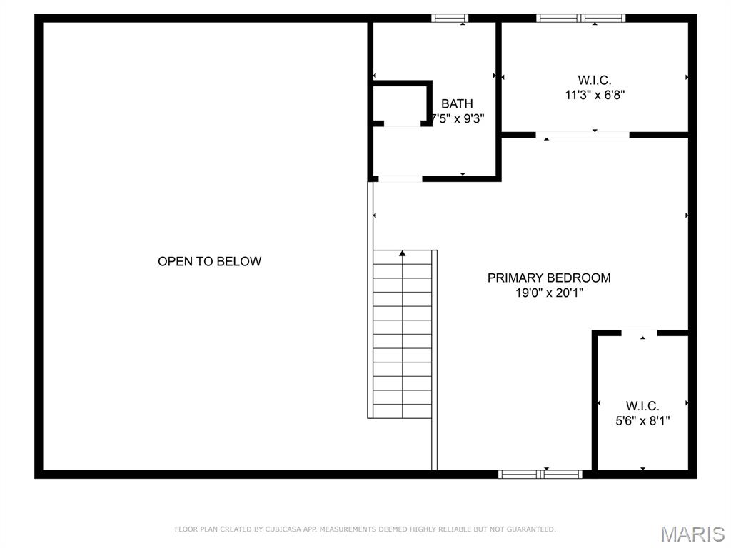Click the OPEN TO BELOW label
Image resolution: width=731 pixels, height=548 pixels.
[x=209, y=261]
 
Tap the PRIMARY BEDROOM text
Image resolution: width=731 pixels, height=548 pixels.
[x=549, y=278]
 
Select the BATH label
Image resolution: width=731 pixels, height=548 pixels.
[x=457, y=103]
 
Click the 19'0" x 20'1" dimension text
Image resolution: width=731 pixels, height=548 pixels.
[x=549, y=293]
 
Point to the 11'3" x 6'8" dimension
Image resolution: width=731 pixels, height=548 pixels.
[x=595, y=95]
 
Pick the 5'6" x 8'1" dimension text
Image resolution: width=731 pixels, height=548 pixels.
[x=642, y=421]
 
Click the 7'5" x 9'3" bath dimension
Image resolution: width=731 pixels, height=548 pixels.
[x=458, y=119]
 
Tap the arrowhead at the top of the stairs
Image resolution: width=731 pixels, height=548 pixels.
[x=403, y=253]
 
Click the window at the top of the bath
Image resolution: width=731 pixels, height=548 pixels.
[x=450, y=18]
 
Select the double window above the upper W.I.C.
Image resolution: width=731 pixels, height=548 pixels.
[x=580, y=18]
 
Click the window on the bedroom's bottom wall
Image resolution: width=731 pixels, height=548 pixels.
[x=540, y=475]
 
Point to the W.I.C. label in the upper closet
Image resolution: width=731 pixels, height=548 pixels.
[x=595, y=80]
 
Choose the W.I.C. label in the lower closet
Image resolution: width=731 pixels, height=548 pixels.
[x=642, y=405]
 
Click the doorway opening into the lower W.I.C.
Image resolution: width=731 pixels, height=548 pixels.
[x=639, y=333]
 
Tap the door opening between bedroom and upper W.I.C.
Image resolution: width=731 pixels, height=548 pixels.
[x=583, y=135]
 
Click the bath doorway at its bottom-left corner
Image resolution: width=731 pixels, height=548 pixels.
[x=400, y=179]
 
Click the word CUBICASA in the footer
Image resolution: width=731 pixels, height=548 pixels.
[x=282, y=529]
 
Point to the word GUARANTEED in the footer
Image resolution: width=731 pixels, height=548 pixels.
[x=531, y=529]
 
